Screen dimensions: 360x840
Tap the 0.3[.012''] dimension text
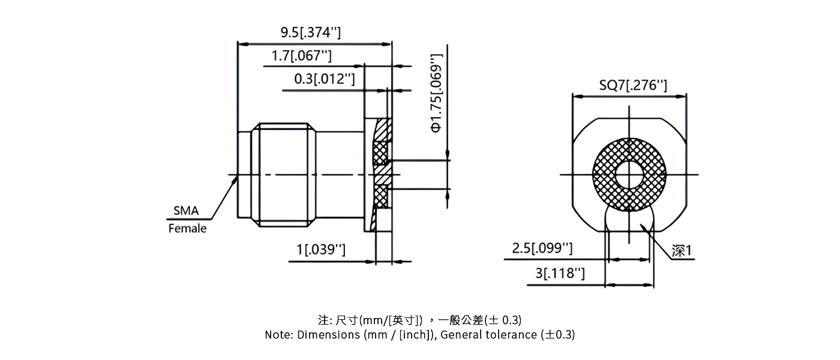point(324,79)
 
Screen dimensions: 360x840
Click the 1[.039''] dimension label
point(321,250)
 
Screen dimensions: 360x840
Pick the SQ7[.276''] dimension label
point(633,85)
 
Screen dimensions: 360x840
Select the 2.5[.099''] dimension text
point(542,248)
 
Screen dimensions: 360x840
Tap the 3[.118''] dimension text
point(559,274)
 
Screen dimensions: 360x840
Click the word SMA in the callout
point(186,211)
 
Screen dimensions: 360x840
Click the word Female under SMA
point(187,229)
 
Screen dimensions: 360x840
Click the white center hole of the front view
point(629,175)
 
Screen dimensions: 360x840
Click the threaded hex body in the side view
point(285,175)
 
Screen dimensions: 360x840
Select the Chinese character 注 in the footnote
point(323,319)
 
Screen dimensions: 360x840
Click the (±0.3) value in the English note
point(558,335)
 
